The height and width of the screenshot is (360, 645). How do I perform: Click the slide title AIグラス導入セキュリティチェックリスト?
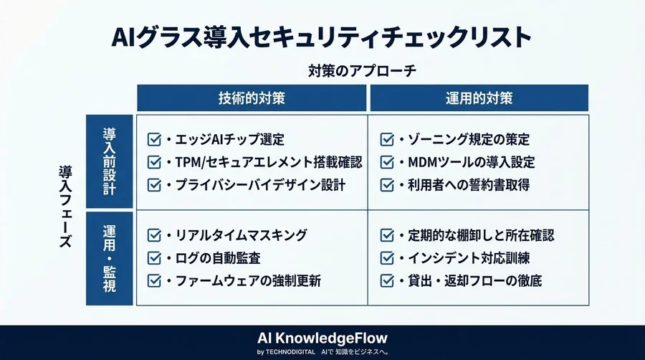(322, 37)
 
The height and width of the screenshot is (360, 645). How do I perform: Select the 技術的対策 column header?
(252, 98)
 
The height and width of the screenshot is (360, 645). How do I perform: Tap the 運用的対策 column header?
(479, 98)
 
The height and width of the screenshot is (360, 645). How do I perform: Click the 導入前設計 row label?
(109, 161)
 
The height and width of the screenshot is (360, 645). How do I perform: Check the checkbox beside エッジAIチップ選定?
(153, 139)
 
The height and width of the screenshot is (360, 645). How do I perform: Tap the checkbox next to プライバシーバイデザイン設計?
(153, 185)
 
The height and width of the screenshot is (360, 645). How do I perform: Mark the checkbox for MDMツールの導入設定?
(387, 162)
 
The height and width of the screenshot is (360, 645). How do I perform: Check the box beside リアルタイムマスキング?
(153, 235)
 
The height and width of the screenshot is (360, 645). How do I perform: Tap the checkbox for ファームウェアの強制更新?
(153, 280)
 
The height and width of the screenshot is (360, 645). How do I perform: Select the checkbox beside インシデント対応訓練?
(387, 257)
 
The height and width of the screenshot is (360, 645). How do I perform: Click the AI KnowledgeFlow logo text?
(322, 336)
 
